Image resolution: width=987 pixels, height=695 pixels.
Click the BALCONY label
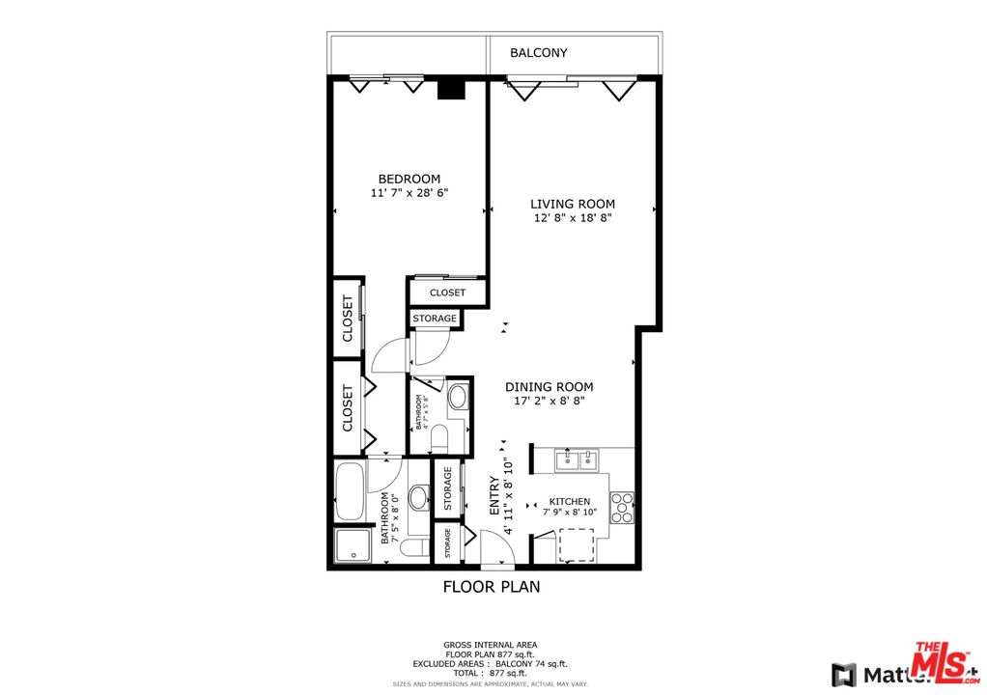pos(538,53)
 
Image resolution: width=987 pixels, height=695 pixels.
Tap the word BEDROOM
pos(409,179)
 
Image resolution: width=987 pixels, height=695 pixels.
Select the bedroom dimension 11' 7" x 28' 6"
pos(409,193)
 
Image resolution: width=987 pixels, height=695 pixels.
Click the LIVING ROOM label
pos(572,204)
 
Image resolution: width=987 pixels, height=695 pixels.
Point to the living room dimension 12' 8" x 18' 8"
pos(572,218)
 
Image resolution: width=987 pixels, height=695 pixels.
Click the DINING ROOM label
pos(549,386)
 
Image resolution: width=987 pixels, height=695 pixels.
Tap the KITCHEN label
pos(570,502)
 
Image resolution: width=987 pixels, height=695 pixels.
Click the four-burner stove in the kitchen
pos(622,508)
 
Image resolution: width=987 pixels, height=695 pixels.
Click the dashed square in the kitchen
pos(578,545)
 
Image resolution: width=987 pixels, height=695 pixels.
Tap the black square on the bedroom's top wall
pos(451,89)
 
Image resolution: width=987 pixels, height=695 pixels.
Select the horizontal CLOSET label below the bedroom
pos(447,292)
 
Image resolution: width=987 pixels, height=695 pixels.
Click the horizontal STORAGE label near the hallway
pos(434,319)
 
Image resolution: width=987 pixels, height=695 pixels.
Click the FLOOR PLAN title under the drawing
pos(491,586)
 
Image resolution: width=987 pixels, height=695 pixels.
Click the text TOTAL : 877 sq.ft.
pos(491,672)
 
